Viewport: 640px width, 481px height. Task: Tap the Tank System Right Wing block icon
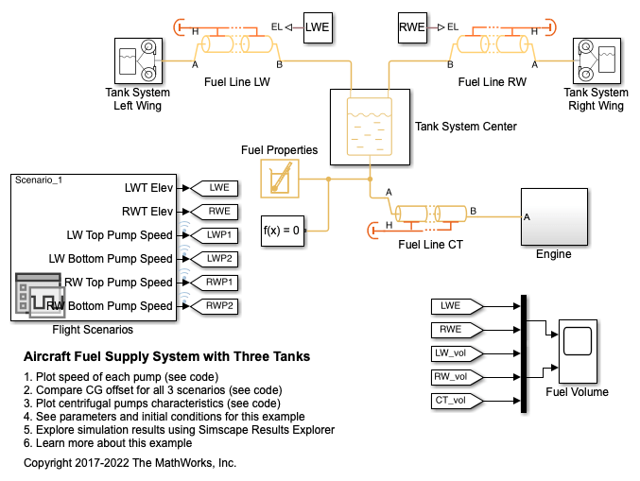[596, 61]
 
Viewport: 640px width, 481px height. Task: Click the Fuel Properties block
[279, 178]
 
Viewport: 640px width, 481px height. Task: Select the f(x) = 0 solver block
[282, 230]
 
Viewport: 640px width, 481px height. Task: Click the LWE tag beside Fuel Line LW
[318, 28]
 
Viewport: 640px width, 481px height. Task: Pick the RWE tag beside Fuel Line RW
[412, 28]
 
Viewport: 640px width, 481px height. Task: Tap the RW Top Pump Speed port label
[120, 282]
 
